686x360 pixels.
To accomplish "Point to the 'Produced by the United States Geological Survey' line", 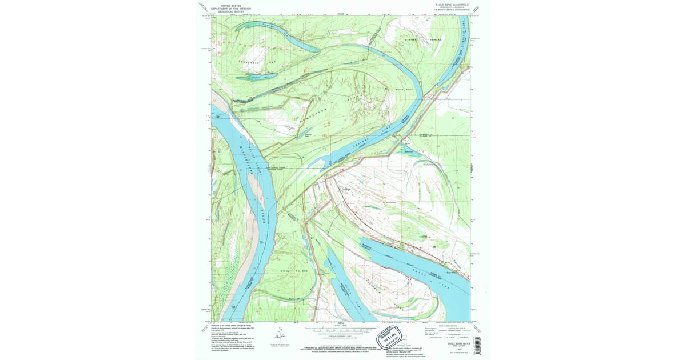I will (x=233, y=325).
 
